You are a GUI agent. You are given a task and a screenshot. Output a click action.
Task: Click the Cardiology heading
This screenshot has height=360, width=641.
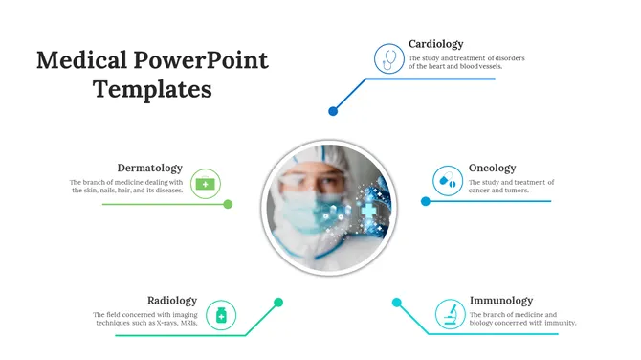click(x=435, y=44)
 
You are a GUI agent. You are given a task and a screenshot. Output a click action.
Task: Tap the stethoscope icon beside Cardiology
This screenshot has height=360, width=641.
click(x=388, y=58)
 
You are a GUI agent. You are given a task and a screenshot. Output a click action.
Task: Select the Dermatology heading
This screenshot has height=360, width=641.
click(x=149, y=168)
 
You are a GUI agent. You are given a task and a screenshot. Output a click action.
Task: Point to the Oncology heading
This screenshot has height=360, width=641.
click(x=492, y=168)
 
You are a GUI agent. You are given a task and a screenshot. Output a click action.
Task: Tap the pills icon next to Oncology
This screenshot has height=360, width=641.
click(x=446, y=180)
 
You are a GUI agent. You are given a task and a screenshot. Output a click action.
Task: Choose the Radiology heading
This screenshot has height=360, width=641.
click(x=172, y=300)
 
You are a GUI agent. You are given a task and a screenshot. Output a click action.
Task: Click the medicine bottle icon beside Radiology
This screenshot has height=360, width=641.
click(x=221, y=314)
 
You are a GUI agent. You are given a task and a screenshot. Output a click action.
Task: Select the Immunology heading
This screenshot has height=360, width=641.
click(x=500, y=300)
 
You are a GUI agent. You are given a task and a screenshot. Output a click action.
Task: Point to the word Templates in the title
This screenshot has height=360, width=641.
click(x=152, y=90)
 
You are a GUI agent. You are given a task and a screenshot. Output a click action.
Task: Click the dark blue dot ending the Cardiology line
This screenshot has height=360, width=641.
click(x=333, y=111)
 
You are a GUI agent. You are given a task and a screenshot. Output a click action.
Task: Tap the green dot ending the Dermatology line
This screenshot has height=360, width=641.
click(x=228, y=203)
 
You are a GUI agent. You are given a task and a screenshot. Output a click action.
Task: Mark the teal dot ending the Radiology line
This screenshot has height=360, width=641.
click(x=278, y=303)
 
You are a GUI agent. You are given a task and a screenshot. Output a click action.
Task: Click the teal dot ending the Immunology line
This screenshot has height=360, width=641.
click(x=396, y=303)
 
